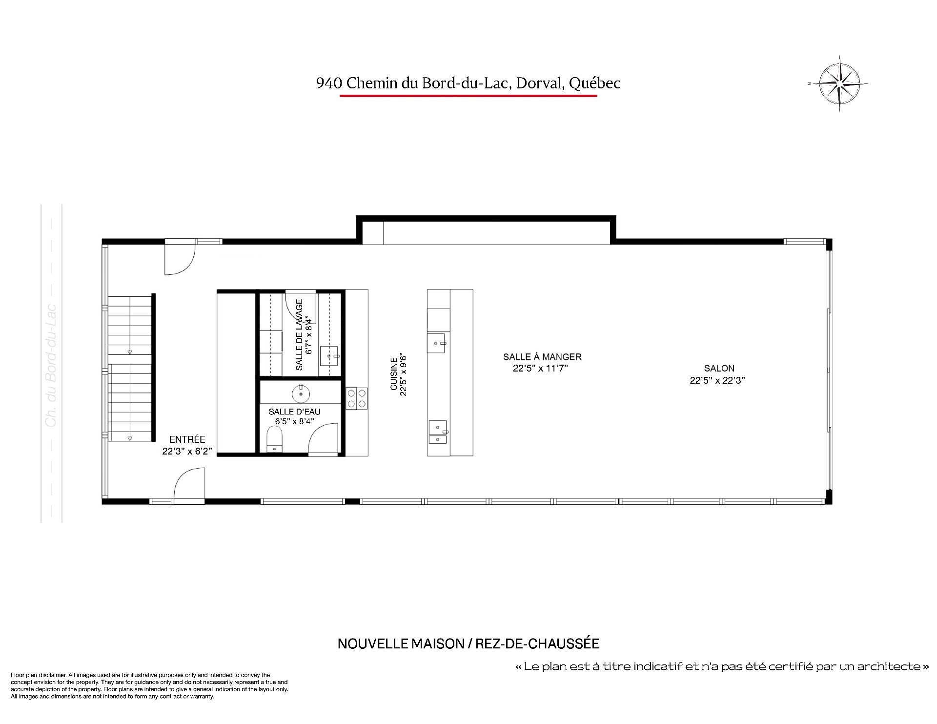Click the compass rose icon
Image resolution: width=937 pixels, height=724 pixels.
838,83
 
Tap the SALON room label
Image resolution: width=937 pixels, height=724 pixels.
719,369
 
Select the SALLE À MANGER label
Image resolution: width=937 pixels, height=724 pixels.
542,357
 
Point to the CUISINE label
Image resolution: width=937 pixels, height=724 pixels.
394,374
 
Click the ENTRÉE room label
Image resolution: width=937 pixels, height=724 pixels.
187,439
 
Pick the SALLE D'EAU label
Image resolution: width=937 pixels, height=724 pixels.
294,412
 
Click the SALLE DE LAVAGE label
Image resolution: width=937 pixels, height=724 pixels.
300,334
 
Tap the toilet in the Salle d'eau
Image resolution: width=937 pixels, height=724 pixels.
275,439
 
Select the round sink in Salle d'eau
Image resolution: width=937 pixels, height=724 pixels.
301,393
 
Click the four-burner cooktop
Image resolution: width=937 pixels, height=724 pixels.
357,398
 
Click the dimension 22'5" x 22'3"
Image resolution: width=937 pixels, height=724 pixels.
717,381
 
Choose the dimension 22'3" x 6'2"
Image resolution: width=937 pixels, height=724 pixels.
187,452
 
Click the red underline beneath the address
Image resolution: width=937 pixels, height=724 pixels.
468,96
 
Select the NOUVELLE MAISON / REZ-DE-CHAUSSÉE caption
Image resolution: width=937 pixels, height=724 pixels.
468,644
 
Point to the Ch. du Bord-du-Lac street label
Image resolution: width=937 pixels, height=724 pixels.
51,366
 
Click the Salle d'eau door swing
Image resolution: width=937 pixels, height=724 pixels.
323,439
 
